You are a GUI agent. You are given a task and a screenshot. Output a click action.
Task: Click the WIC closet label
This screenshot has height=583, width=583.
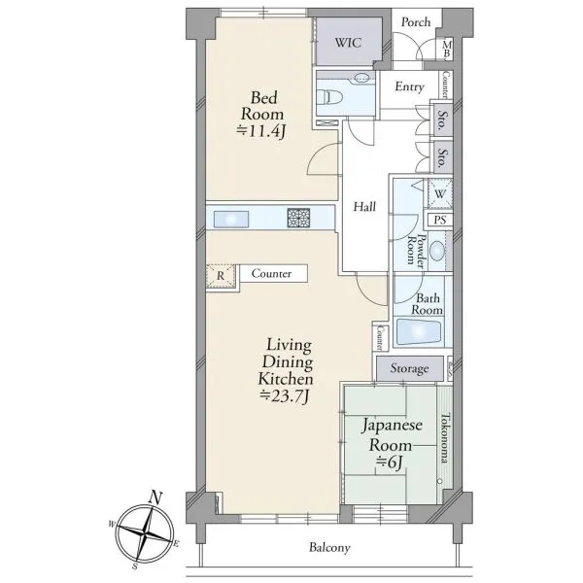(348, 43)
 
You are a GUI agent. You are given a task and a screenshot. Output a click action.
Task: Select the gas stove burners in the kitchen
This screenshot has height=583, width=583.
(298, 218)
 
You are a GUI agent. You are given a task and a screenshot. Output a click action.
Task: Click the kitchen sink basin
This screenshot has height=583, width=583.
(231, 219)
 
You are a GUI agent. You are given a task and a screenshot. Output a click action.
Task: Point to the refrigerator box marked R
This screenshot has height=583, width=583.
(221, 276)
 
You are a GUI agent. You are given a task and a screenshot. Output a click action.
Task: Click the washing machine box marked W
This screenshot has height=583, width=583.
(440, 193)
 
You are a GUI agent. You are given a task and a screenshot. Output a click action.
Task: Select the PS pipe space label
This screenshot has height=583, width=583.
(440, 220)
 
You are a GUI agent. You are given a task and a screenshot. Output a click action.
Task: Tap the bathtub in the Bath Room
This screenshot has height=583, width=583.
(418, 331)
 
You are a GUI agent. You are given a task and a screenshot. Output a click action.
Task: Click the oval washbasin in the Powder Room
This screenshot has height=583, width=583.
(437, 251)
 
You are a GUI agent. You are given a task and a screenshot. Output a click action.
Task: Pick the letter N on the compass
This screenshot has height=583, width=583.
(156, 497)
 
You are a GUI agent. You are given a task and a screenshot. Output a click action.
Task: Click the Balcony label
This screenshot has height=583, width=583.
(329, 548)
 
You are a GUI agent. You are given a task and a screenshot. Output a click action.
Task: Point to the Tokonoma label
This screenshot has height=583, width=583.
(444, 438)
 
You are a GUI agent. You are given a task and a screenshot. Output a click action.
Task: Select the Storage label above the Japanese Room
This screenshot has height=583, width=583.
(409, 368)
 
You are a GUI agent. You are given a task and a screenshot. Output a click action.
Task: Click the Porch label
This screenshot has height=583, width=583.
(416, 22)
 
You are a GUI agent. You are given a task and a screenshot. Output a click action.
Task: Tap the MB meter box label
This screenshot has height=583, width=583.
(447, 50)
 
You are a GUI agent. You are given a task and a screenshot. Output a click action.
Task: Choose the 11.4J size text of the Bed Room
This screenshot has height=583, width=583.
(261, 131)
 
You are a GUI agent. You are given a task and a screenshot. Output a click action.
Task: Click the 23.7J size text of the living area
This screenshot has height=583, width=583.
(284, 396)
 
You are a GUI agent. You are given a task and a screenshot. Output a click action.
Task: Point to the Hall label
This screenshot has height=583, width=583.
(364, 206)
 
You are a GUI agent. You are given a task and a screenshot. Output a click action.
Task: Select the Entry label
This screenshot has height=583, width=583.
(409, 86)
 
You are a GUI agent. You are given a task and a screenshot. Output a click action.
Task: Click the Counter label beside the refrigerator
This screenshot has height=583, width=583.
(271, 273)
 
